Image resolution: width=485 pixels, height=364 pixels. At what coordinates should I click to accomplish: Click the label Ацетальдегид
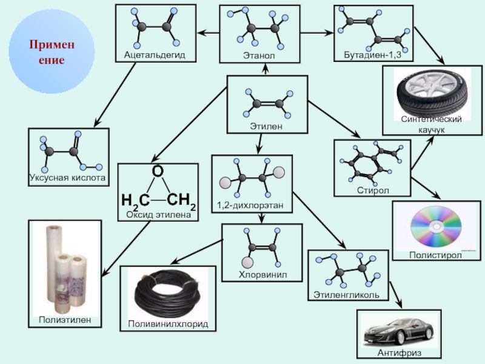coord(155,55)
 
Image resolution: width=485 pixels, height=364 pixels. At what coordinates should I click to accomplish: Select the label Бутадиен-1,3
coord(373,55)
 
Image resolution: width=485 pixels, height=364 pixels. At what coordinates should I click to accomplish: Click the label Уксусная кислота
coord(67,178)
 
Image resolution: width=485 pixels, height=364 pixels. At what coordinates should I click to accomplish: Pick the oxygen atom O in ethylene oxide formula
coord(157,172)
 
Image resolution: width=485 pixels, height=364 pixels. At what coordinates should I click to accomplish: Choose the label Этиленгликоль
coord(346,295)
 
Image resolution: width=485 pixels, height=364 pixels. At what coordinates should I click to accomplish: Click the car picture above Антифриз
coord(398,331)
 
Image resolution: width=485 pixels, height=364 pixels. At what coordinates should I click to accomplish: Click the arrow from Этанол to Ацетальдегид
coord(209,32)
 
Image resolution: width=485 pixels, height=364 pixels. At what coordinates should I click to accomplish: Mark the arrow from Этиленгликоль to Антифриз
coord(396,298)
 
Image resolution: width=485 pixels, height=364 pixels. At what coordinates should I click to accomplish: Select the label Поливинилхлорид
coord(167,325)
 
